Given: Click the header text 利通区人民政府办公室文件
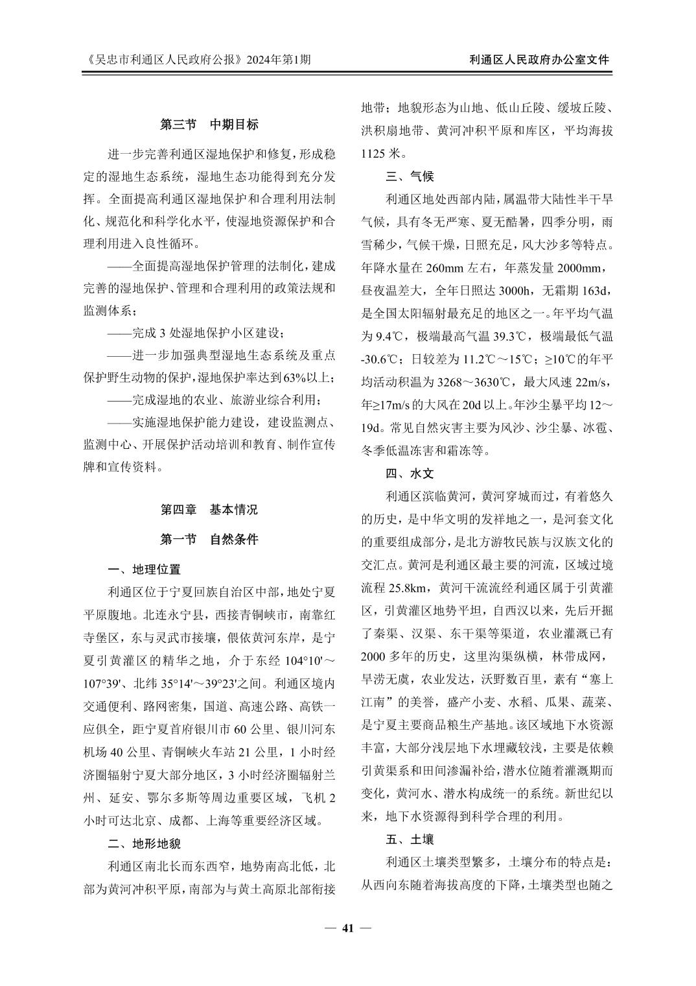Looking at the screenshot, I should [x=539, y=60].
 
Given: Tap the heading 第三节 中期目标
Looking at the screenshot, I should [x=209, y=124].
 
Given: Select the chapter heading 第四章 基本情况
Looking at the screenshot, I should [x=209, y=509].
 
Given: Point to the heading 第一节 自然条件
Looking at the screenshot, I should [x=209, y=539].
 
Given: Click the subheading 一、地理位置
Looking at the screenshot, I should [x=144, y=570].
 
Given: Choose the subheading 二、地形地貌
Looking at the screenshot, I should [x=144, y=843].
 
